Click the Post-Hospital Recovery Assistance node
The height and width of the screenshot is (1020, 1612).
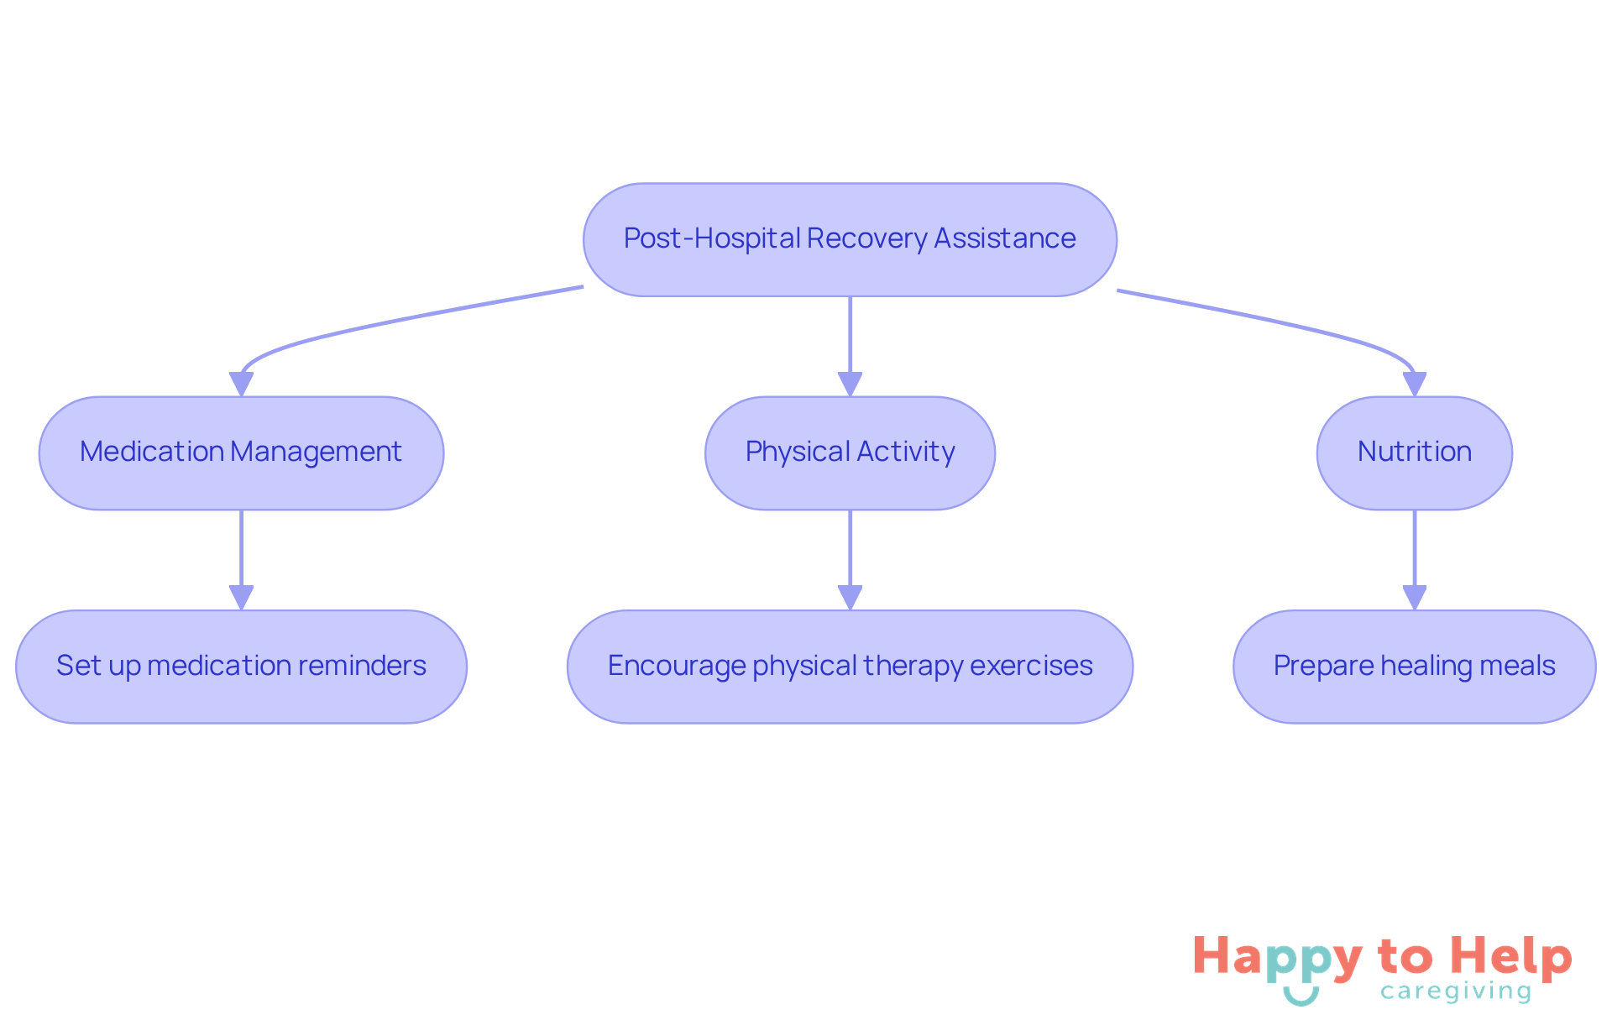[850, 239]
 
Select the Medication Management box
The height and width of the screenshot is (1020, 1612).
[241, 452]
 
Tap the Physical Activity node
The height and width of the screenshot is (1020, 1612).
[850, 452]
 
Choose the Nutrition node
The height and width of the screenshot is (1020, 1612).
[1414, 452]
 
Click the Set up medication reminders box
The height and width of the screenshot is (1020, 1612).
[241, 667]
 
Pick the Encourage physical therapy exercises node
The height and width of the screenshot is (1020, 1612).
[850, 667]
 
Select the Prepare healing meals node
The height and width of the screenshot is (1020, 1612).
[1414, 667]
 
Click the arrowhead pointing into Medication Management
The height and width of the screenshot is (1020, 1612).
[242, 384]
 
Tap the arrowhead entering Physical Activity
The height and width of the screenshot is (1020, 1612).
[850, 384]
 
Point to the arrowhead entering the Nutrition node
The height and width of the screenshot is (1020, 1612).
[1415, 384]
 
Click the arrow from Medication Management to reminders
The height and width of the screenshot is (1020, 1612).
[242, 554]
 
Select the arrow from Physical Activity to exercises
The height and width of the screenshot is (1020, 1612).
[850, 554]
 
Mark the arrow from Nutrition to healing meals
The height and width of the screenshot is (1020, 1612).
[1415, 554]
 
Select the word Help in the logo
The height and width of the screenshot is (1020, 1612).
[1511, 957]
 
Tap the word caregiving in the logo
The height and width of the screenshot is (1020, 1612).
[1456, 992]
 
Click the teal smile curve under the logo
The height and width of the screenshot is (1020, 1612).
[1301, 997]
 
